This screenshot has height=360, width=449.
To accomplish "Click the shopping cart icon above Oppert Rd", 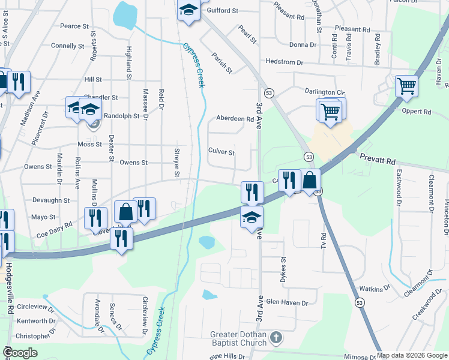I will (406, 86).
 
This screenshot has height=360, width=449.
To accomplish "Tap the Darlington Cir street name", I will (324, 92).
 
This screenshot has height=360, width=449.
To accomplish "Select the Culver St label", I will (221, 152).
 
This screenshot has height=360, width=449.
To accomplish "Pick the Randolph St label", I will (121, 116).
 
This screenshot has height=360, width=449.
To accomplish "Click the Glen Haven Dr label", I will (287, 302).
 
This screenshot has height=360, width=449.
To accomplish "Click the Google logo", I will (20, 353).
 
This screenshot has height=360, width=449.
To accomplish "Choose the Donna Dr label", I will (303, 45).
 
